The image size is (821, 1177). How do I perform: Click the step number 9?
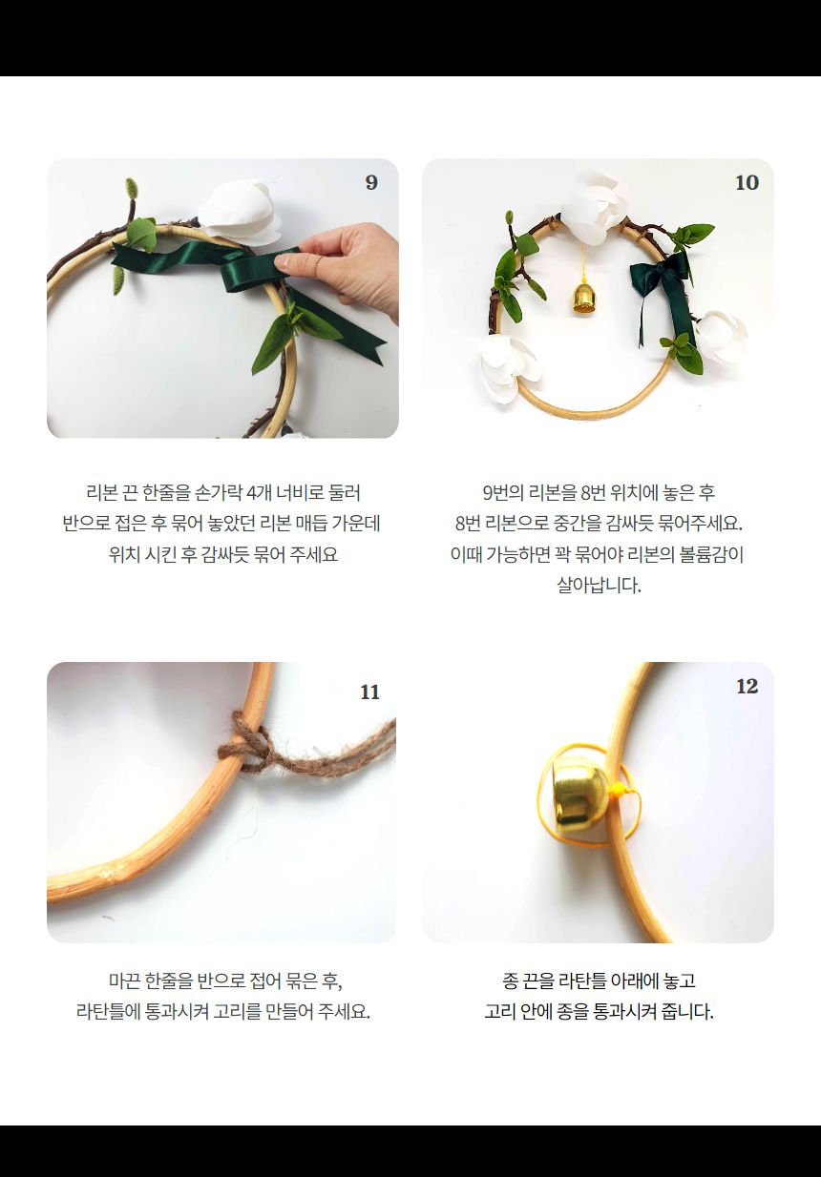[371, 182]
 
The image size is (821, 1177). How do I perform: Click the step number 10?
[747, 182]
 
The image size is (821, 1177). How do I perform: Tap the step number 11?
[370, 692]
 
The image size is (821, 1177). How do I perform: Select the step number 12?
[747, 686]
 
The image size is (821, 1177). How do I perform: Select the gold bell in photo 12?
[573, 794]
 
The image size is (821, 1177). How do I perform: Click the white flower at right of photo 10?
[722, 336]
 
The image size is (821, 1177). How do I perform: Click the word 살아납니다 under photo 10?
[599, 585]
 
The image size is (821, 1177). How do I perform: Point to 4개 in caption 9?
[259, 493]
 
